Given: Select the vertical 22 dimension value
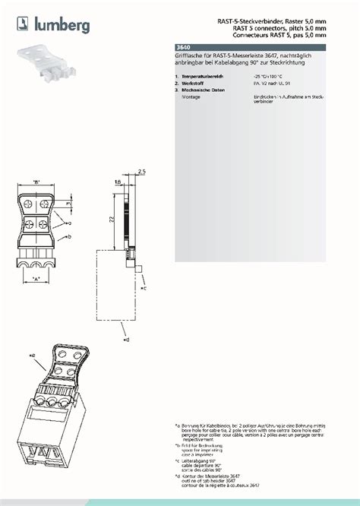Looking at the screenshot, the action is click(110, 219).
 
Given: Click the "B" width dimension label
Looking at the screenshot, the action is click(36, 181).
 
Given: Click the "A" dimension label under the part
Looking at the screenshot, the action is click(37, 280).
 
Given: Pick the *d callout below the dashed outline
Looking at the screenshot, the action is click(126, 340).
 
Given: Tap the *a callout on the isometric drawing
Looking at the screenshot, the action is click(33, 355).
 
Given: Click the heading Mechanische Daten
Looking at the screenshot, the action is click(203, 91).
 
